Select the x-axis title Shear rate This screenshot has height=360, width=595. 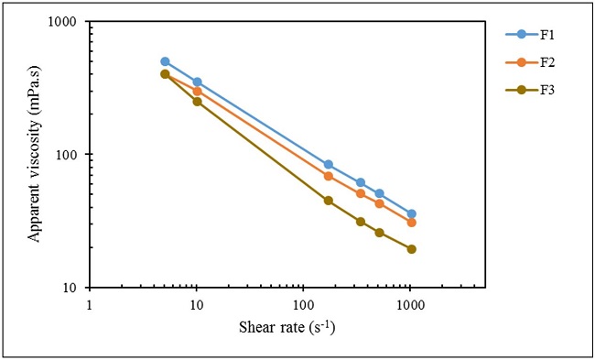pos(287,327)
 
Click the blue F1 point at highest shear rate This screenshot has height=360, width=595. pos(411,213)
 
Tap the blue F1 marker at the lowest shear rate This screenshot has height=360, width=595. pos(165,61)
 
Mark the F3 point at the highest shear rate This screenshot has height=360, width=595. pos(411,249)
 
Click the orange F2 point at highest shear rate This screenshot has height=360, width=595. pos(411,223)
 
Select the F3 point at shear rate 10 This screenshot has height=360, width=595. pos(197,102)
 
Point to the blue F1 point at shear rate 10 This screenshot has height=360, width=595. pos(197,82)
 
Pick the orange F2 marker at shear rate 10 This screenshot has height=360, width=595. pos(197,92)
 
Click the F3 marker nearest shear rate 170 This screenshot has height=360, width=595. pos(329,201)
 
